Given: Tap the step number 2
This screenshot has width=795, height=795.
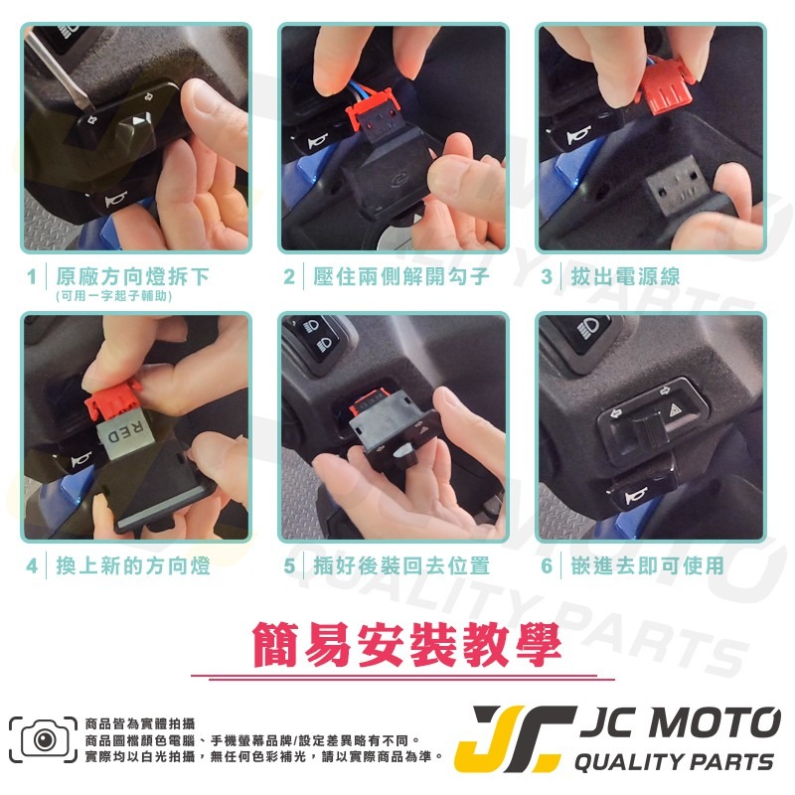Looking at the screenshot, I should point(289,275).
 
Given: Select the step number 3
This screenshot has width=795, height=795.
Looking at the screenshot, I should point(546,275).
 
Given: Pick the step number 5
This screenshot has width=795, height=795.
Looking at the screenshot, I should point(289,566).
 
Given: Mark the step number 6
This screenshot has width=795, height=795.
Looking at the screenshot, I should point(546,566).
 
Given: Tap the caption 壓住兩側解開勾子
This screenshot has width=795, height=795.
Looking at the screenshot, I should point(400,275).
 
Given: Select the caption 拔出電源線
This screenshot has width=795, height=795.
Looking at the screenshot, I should point(625,275).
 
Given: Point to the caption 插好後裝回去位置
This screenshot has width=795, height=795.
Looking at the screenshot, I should point(400,566).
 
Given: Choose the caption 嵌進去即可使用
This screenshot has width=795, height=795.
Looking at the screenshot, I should point(647,566).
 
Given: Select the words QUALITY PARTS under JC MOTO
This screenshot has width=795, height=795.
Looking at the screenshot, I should point(675,762).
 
